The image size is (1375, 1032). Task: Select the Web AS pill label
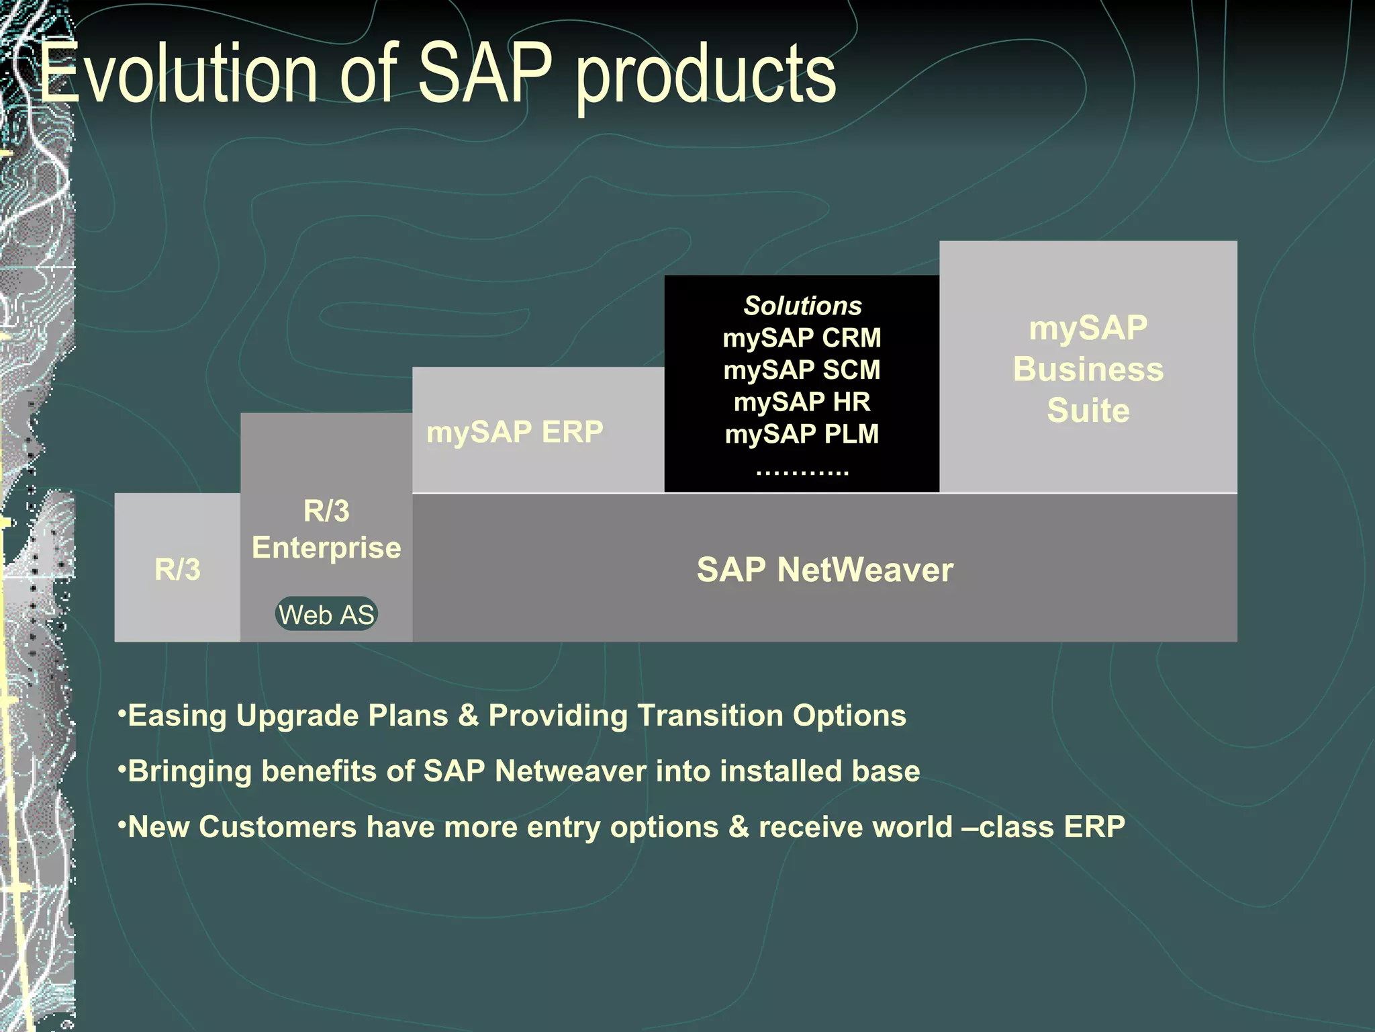tap(326, 614)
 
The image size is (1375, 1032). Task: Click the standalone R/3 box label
tap(177, 569)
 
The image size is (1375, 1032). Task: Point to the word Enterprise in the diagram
tap(326, 548)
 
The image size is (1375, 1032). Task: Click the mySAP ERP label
tap(515, 431)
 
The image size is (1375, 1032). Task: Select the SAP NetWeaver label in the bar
tap(824, 569)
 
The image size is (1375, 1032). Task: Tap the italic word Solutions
tap(802, 306)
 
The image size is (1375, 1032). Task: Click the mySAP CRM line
tap(802, 337)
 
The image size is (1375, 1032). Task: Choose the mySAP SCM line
tap(802, 370)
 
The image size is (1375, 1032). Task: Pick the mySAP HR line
tap(802, 402)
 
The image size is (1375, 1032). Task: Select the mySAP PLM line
tap(802, 433)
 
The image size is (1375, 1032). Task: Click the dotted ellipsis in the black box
tap(802, 470)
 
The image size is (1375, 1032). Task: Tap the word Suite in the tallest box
tap(1088, 410)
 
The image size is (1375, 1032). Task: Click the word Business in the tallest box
tap(1088, 369)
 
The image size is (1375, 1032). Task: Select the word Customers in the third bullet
tap(277, 826)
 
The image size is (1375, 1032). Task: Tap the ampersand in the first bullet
tap(468, 716)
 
